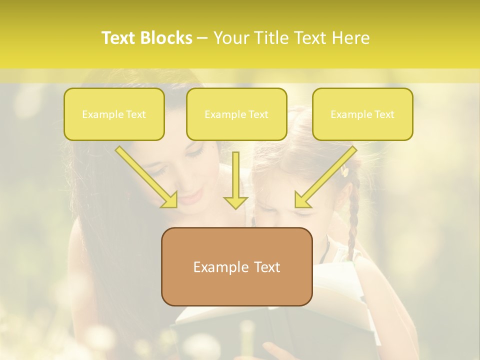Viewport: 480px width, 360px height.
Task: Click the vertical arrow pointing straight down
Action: click(236, 180)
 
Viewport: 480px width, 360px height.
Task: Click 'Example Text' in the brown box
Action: click(236, 267)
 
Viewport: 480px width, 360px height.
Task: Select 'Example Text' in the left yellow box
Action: click(114, 114)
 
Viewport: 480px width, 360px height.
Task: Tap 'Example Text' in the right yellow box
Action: click(362, 114)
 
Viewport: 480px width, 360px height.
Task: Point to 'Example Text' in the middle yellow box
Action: click(236, 114)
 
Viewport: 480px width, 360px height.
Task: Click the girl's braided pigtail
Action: click(353, 215)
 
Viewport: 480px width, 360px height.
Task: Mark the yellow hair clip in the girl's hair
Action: click(344, 171)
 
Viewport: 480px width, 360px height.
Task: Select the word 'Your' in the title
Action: click(231, 38)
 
